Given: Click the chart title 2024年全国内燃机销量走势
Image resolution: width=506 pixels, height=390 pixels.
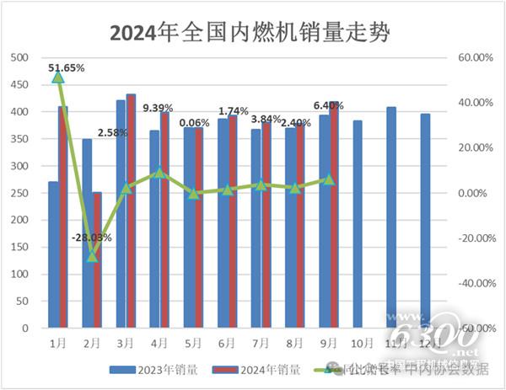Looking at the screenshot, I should pyautogui.click(x=253, y=32).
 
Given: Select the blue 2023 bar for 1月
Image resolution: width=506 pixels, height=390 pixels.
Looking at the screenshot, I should pyautogui.click(x=53, y=254).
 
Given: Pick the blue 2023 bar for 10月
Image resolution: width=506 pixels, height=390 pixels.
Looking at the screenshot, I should pyautogui.click(x=358, y=224).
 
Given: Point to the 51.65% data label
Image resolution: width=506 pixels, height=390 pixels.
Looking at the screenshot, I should pyautogui.click(x=67, y=67).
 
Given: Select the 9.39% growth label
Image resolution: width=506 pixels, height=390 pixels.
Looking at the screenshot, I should pyautogui.click(x=158, y=108).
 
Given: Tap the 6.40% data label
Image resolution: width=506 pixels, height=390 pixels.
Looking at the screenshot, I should pyautogui.click(x=327, y=106).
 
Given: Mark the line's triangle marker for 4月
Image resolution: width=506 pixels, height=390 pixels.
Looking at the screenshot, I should pyautogui.click(x=160, y=173).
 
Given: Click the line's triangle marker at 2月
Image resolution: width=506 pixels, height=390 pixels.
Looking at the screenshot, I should pyautogui.click(x=93, y=256).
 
